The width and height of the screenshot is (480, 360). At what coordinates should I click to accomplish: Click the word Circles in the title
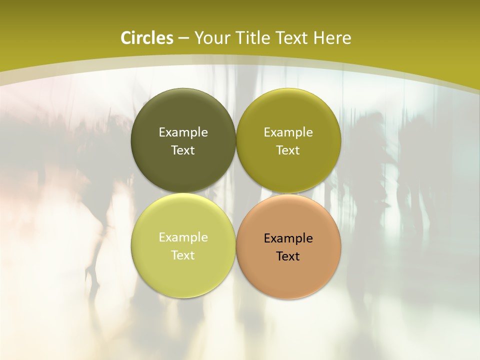[147, 38]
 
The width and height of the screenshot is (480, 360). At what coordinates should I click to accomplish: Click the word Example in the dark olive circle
[183, 132]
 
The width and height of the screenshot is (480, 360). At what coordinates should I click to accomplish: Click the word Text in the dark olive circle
[183, 150]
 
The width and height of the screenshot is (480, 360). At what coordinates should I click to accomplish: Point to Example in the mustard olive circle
[288, 132]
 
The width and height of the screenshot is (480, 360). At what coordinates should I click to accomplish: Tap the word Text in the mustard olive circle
[288, 150]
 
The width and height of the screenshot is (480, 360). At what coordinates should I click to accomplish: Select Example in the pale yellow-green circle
[183, 237]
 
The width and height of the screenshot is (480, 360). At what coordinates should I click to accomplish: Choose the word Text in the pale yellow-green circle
[183, 255]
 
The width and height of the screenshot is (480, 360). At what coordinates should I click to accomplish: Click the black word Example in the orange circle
[288, 238]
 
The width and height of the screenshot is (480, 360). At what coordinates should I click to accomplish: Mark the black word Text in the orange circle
[288, 256]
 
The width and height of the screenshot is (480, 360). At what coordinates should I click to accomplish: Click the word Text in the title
[291, 38]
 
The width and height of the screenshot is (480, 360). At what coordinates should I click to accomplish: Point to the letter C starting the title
[126, 38]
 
